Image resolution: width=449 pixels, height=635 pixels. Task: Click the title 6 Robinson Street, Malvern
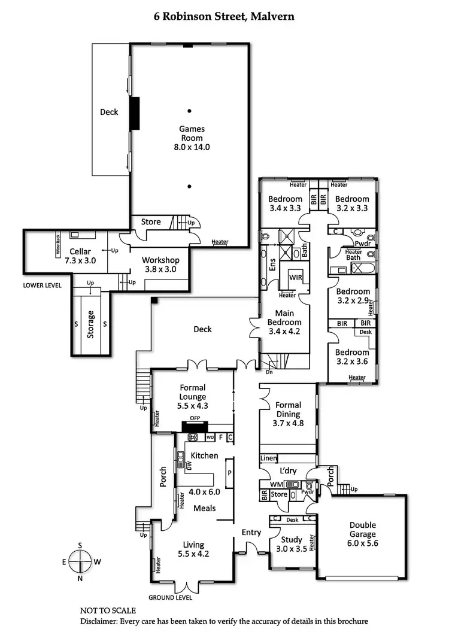click(224, 16)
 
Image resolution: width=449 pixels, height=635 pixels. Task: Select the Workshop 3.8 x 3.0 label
click(160, 265)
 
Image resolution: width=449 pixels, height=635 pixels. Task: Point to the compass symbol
click(80, 562)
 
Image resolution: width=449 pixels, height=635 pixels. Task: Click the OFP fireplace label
click(194, 418)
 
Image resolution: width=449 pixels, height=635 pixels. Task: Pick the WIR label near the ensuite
click(295, 278)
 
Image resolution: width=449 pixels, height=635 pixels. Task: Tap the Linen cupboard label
click(268, 458)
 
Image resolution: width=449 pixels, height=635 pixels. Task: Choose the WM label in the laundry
click(276, 484)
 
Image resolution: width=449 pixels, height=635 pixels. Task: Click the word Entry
click(251, 532)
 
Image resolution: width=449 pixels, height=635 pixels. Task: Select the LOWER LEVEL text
click(42, 285)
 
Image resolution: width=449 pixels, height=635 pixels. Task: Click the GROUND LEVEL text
click(171, 597)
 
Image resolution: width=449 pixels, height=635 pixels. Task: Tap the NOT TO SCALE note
click(108, 610)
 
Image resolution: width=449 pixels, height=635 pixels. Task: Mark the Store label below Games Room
click(151, 222)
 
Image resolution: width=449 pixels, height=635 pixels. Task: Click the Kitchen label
click(204, 455)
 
